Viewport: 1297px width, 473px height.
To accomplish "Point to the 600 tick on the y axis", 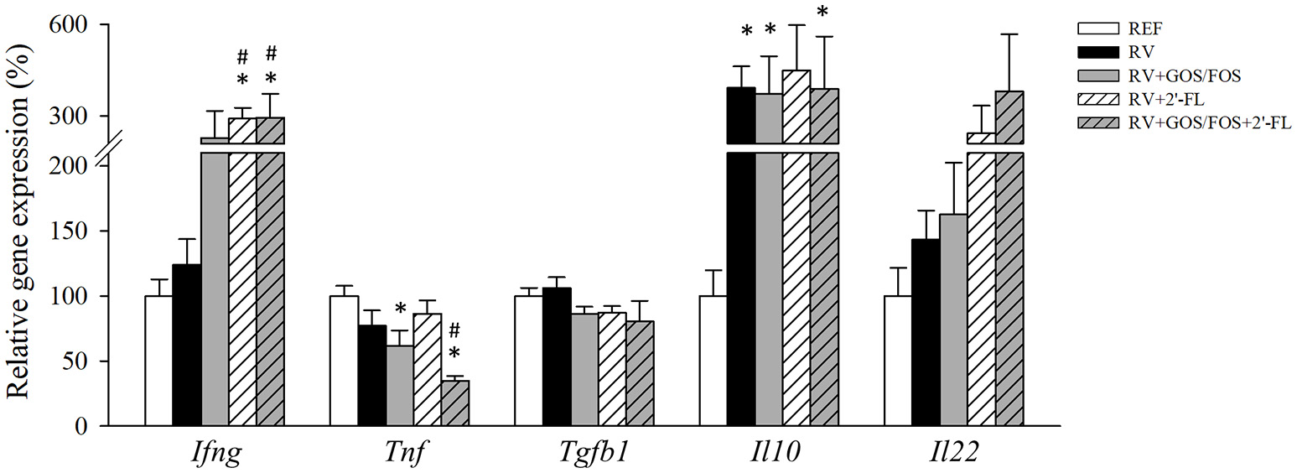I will click(x=86, y=25).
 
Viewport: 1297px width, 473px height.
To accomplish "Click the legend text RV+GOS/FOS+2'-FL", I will click(x=1207, y=122).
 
